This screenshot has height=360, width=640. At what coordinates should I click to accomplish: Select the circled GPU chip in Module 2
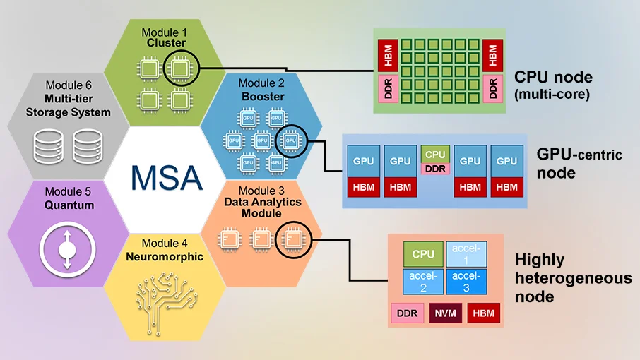290,141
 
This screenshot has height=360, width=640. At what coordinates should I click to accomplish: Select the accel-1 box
466,253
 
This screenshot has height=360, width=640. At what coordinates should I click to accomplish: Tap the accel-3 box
466,280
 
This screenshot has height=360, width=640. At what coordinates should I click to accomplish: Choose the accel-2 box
423,280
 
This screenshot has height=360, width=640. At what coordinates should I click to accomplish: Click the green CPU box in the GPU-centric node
435,155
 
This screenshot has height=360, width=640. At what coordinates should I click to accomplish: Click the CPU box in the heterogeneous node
423,253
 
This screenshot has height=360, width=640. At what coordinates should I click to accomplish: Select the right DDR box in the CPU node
493,88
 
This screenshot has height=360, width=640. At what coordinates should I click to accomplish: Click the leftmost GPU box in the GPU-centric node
363,161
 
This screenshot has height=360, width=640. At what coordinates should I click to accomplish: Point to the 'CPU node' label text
553,77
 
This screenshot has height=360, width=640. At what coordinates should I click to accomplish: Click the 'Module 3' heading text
261,190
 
